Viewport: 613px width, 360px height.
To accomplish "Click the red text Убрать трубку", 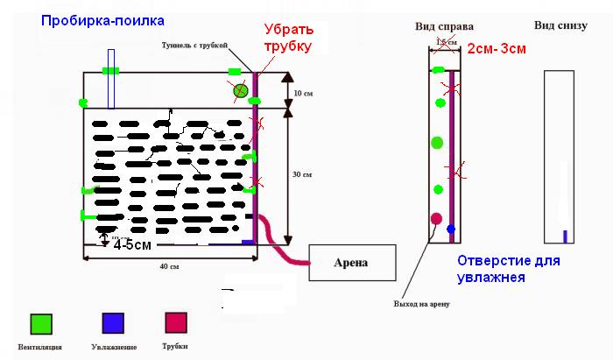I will pos(288,39).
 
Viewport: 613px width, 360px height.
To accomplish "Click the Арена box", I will pos(352,263).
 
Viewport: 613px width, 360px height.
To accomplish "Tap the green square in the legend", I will pos(39,323).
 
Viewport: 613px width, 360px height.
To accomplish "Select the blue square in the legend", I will pos(110,323).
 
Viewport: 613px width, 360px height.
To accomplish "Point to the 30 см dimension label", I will pos(301,175).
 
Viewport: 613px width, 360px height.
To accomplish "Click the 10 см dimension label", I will pos(302,92).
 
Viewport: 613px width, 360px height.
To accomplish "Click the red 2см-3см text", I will pos(496,49).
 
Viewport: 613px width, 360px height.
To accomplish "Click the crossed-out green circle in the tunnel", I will pos(239,90).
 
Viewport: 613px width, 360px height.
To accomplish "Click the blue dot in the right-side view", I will pos(451,229).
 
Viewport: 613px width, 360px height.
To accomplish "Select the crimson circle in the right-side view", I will pos(436,218).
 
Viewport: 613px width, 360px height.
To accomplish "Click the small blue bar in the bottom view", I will pos(565,236).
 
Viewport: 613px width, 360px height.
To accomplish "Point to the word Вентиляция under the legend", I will pos(39,348).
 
